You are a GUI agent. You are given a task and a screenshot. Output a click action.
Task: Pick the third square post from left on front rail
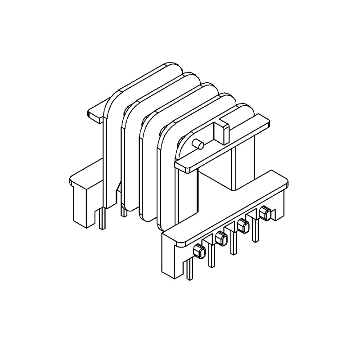click(243, 226)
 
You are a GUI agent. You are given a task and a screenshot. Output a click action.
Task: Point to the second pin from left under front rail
click(211, 259)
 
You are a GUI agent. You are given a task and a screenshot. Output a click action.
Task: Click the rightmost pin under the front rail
click(256, 233)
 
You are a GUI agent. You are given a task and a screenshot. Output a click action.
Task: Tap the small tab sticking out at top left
click(95, 114)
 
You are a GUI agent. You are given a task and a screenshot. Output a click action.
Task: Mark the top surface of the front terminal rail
click(225, 207)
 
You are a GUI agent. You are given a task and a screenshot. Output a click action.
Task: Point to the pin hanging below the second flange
click(122, 210)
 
